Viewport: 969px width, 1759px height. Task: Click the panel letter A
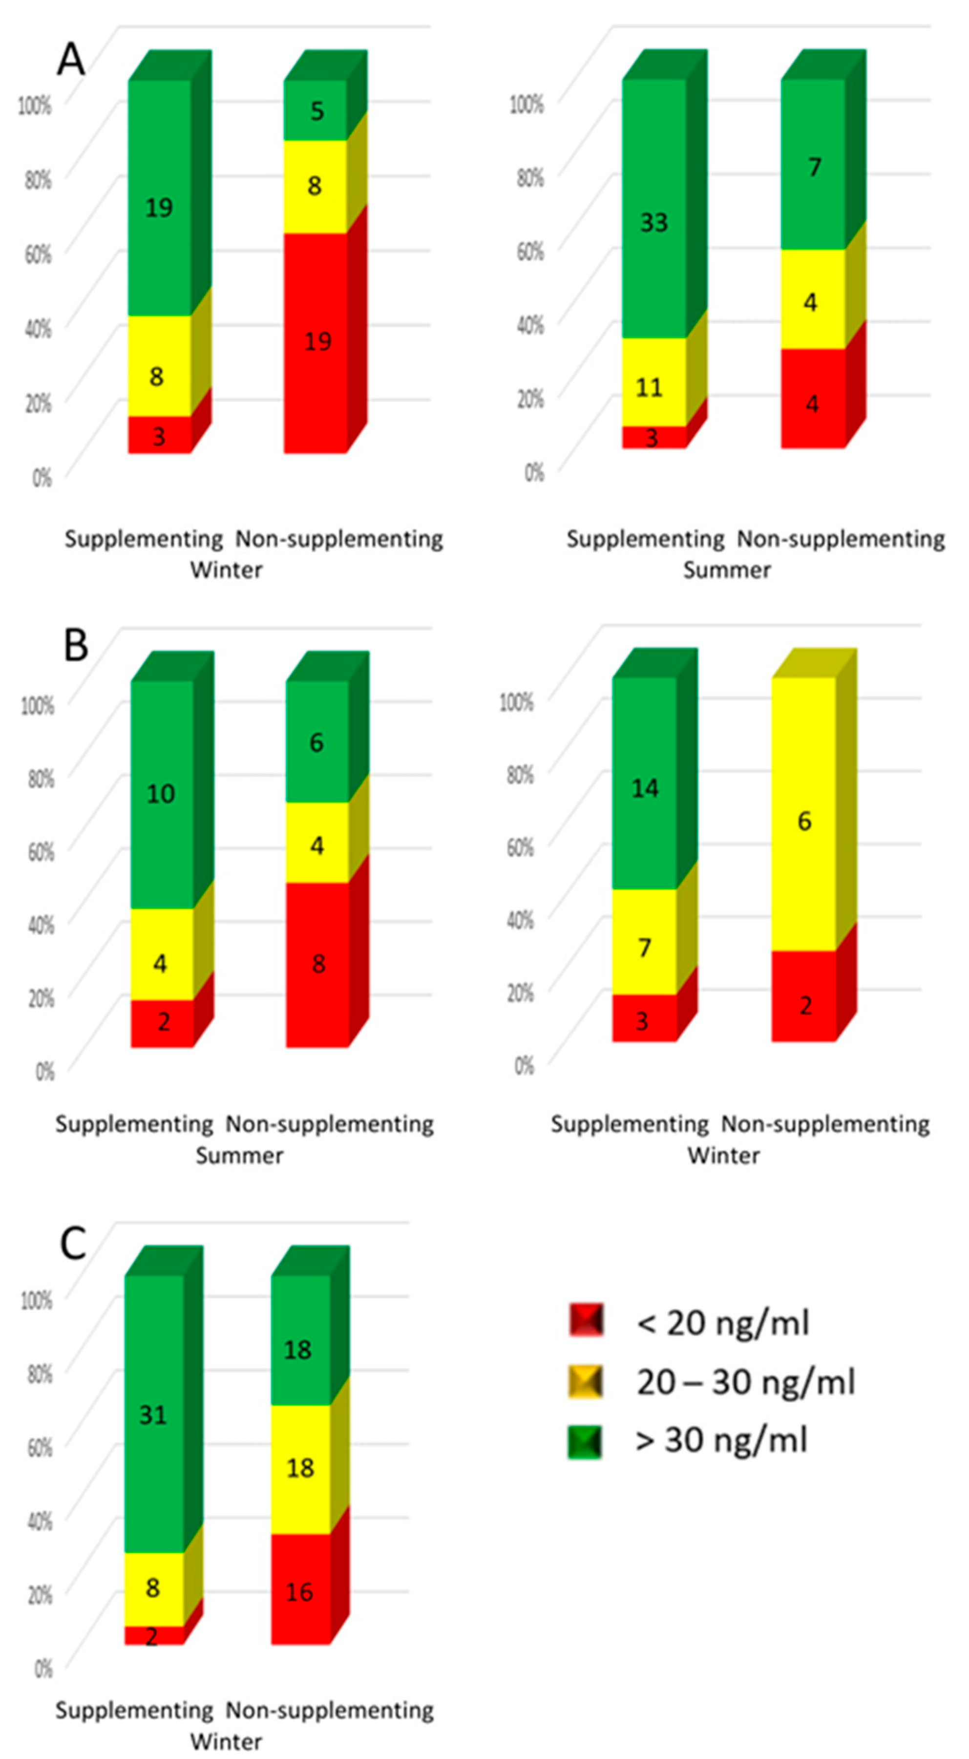71,60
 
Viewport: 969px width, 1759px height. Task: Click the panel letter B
76,645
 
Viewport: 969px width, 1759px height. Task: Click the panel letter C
73,1244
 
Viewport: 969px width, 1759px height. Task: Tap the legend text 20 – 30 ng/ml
745,1382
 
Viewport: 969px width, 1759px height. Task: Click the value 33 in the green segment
653,223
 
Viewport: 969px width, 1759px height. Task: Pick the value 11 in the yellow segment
650,388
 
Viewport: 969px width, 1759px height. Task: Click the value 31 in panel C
153,1414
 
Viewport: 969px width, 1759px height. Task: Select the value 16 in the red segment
299,1592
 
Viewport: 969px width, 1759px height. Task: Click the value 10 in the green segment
161,793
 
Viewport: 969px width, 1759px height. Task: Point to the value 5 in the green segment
317,110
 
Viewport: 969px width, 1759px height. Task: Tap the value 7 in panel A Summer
815,167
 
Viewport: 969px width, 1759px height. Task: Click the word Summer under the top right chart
727,570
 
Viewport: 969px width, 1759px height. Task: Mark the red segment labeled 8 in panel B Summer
317,963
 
